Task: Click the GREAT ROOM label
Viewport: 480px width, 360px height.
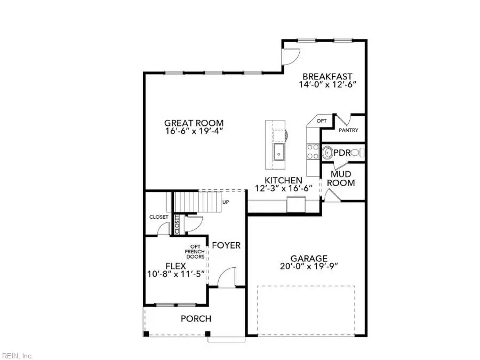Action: click(194, 122)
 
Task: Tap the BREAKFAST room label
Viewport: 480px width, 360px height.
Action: click(327, 76)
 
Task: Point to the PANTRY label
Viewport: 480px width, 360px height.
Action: click(348, 130)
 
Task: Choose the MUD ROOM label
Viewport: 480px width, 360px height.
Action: click(340, 178)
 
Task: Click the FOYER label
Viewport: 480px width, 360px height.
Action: click(226, 245)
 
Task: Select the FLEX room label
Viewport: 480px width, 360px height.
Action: click(176, 266)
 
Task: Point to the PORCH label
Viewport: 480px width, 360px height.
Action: click(196, 319)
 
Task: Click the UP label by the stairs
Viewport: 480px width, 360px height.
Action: click(226, 203)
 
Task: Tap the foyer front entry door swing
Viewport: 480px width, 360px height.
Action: click(227, 277)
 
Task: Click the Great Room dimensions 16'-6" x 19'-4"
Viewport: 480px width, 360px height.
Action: click(193, 131)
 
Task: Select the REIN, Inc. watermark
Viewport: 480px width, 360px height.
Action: click(18, 355)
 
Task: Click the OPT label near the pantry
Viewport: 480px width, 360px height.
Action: click(322, 121)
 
